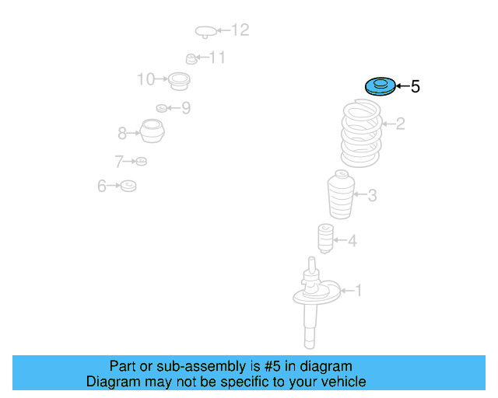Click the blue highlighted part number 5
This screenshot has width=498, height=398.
click(x=381, y=86)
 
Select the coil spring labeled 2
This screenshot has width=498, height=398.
click(x=361, y=133)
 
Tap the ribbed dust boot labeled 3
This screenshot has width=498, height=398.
click(x=341, y=194)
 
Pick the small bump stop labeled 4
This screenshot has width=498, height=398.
click(x=326, y=239)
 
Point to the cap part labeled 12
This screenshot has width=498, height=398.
click(x=205, y=32)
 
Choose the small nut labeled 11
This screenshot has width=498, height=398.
click(x=191, y=59)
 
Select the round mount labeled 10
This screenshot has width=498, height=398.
click(x=179, y=82)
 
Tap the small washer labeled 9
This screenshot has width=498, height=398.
click(x=162, y=108)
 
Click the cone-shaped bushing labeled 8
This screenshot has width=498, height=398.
click(x=153, y=131)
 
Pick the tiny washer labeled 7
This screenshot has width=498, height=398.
click(x=142, y=161)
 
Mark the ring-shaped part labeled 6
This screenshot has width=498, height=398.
click(x=128, y=186)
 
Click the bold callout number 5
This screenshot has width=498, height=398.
click(x=415, y=86)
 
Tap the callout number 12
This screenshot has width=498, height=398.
click(x=240, y=30)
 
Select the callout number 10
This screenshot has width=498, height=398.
click(x=146, y=79)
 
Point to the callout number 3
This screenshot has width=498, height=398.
click(x=372, y=195)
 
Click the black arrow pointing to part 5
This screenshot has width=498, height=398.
click(x=403, y=86)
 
